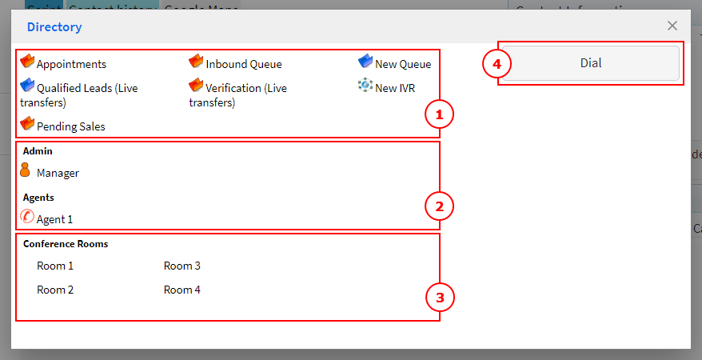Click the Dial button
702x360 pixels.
(591, 63)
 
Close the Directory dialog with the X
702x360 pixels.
(672, 26)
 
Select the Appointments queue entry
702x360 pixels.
(71, 64)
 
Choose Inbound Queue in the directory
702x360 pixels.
(243, 64)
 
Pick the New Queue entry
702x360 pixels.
(403, 64)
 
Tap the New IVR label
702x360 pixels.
(395, 88)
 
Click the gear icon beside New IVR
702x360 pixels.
(365, 86)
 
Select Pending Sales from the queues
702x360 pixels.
(70, 126)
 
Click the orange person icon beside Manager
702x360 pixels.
(25, 170)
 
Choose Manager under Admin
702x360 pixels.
(58, 173)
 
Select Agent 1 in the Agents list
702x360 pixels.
(54, 218)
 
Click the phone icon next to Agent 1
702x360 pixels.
(26, 216)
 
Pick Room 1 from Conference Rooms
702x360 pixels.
(55, 266)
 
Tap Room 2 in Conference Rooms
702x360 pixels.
(55, 290)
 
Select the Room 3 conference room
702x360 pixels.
(182, 266)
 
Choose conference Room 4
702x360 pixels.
(182, 290)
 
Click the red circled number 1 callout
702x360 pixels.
(439, 115)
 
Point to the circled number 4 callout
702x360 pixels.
(497, 64)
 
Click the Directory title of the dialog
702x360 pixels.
(54, 27)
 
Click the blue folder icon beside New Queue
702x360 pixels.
(365, 62)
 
